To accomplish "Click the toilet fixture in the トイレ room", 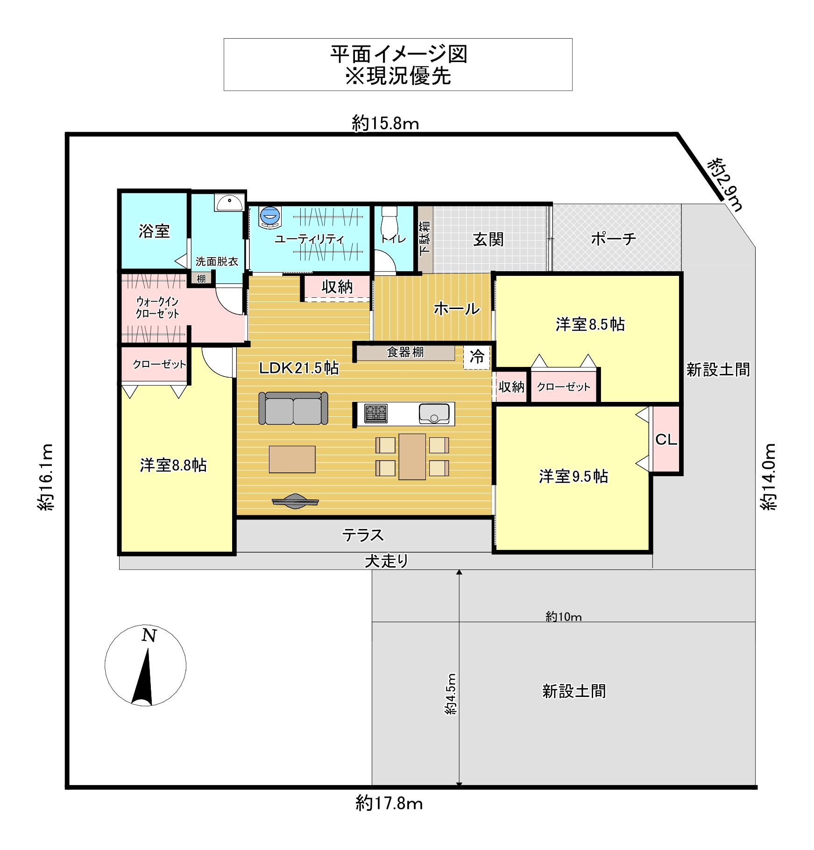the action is (x=389, y=221).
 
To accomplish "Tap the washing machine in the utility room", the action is (x=270, y=217).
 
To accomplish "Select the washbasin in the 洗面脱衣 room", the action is (x=229, y=203).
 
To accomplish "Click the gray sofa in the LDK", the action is (x=293, y=408).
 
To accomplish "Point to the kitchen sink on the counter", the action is (x=434, y=414).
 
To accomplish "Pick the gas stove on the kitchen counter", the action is (x=376, y=414).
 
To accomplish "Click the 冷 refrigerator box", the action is (x=476, y=357).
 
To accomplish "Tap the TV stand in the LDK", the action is (x=295, y=501).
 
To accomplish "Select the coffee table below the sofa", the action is (x=292, y=459).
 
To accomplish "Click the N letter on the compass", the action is (x=149, y=635).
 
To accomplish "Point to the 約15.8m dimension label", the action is (x=385, y=123).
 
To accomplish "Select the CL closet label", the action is (x=666, y=439).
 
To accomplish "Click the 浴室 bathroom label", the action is (x=154, y=231).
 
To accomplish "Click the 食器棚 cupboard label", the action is (x=405, y=352).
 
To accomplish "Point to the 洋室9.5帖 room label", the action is (x=573, y=476).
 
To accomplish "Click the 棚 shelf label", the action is (x=201, y=279).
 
